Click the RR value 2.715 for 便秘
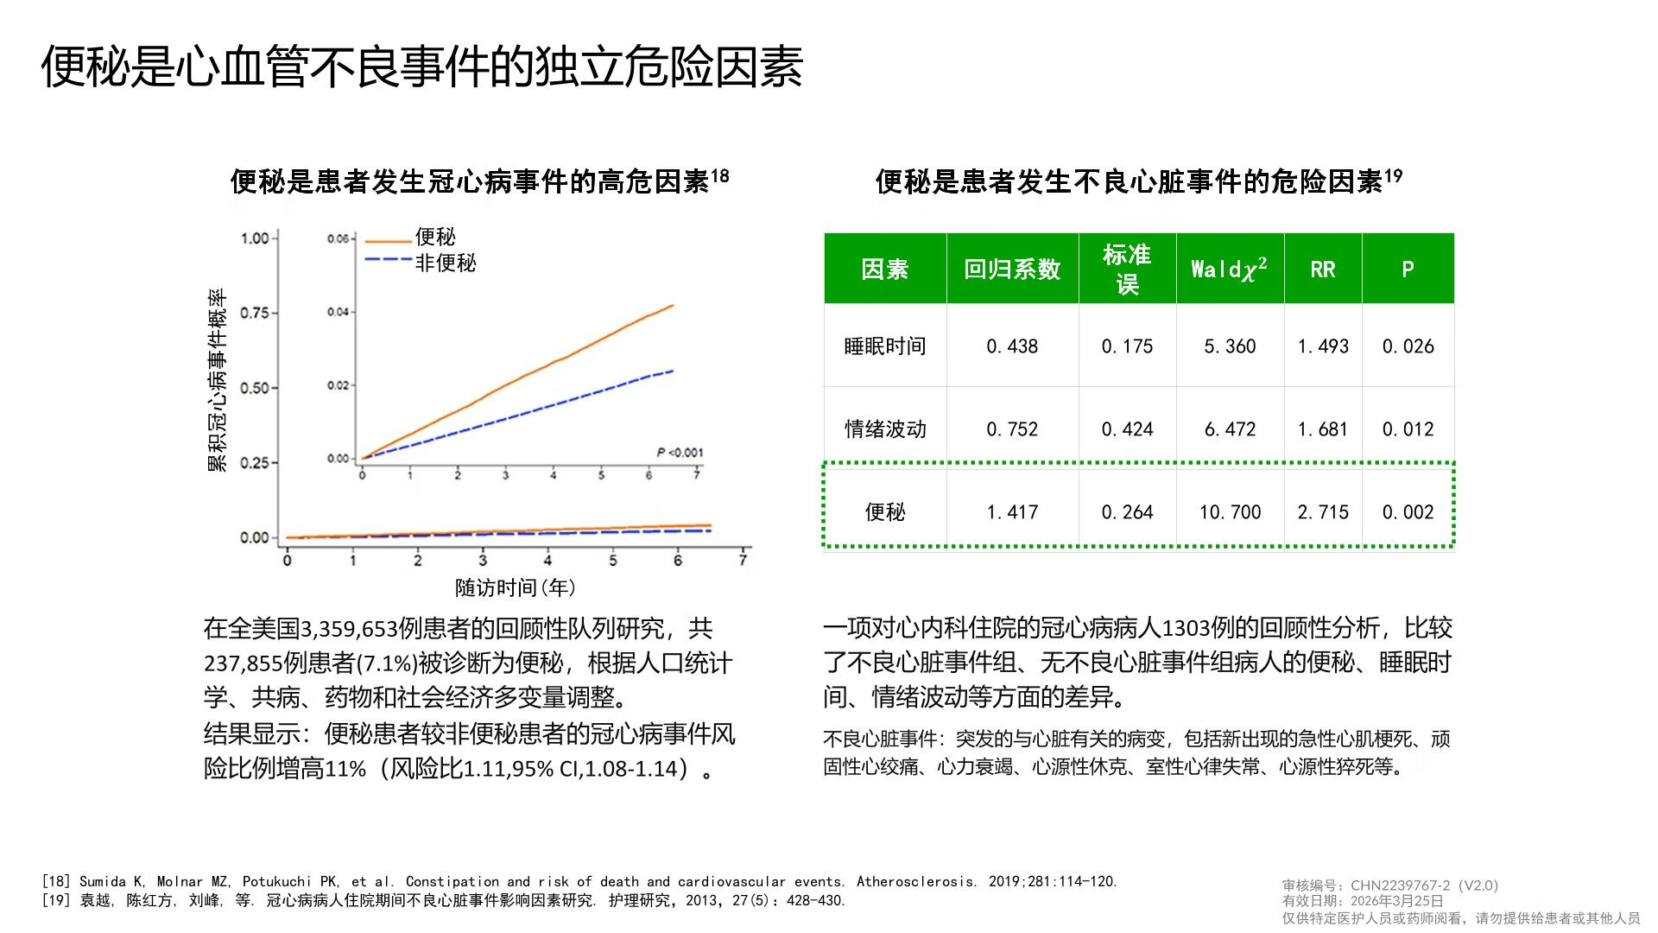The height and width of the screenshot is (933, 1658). [x=1322, y=512]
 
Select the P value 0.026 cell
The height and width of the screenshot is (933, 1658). [x=1408, y=346]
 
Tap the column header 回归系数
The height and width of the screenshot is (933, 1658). [x=1011, y=270]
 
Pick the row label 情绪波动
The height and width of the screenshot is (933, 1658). [x=885, y=429]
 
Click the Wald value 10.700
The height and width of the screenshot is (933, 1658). [x=1230, y=512]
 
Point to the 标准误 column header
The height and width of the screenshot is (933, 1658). [x=1126, y=269]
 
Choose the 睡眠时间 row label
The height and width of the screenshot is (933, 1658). [x=885, y=346]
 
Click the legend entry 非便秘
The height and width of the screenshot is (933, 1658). [x=445, y=263]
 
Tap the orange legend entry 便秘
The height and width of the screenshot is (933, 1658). [x=434, y=237]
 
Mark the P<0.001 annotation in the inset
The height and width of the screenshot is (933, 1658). [x=680, y=453]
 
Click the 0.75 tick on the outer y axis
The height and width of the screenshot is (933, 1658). [x=255, y=313]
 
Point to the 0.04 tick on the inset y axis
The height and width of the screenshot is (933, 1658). [x=338, y=312]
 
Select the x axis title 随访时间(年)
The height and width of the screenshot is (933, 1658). [x=516, y=588]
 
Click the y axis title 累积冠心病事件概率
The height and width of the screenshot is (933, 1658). [x=217, y=380]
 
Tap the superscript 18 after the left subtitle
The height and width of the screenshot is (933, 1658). [x=719, y=176]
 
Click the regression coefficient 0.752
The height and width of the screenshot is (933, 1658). [x=1012, y=429]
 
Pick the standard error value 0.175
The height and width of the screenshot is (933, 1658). [x=1127, y=346]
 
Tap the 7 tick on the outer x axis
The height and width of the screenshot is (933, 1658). [x=743, y=561]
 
